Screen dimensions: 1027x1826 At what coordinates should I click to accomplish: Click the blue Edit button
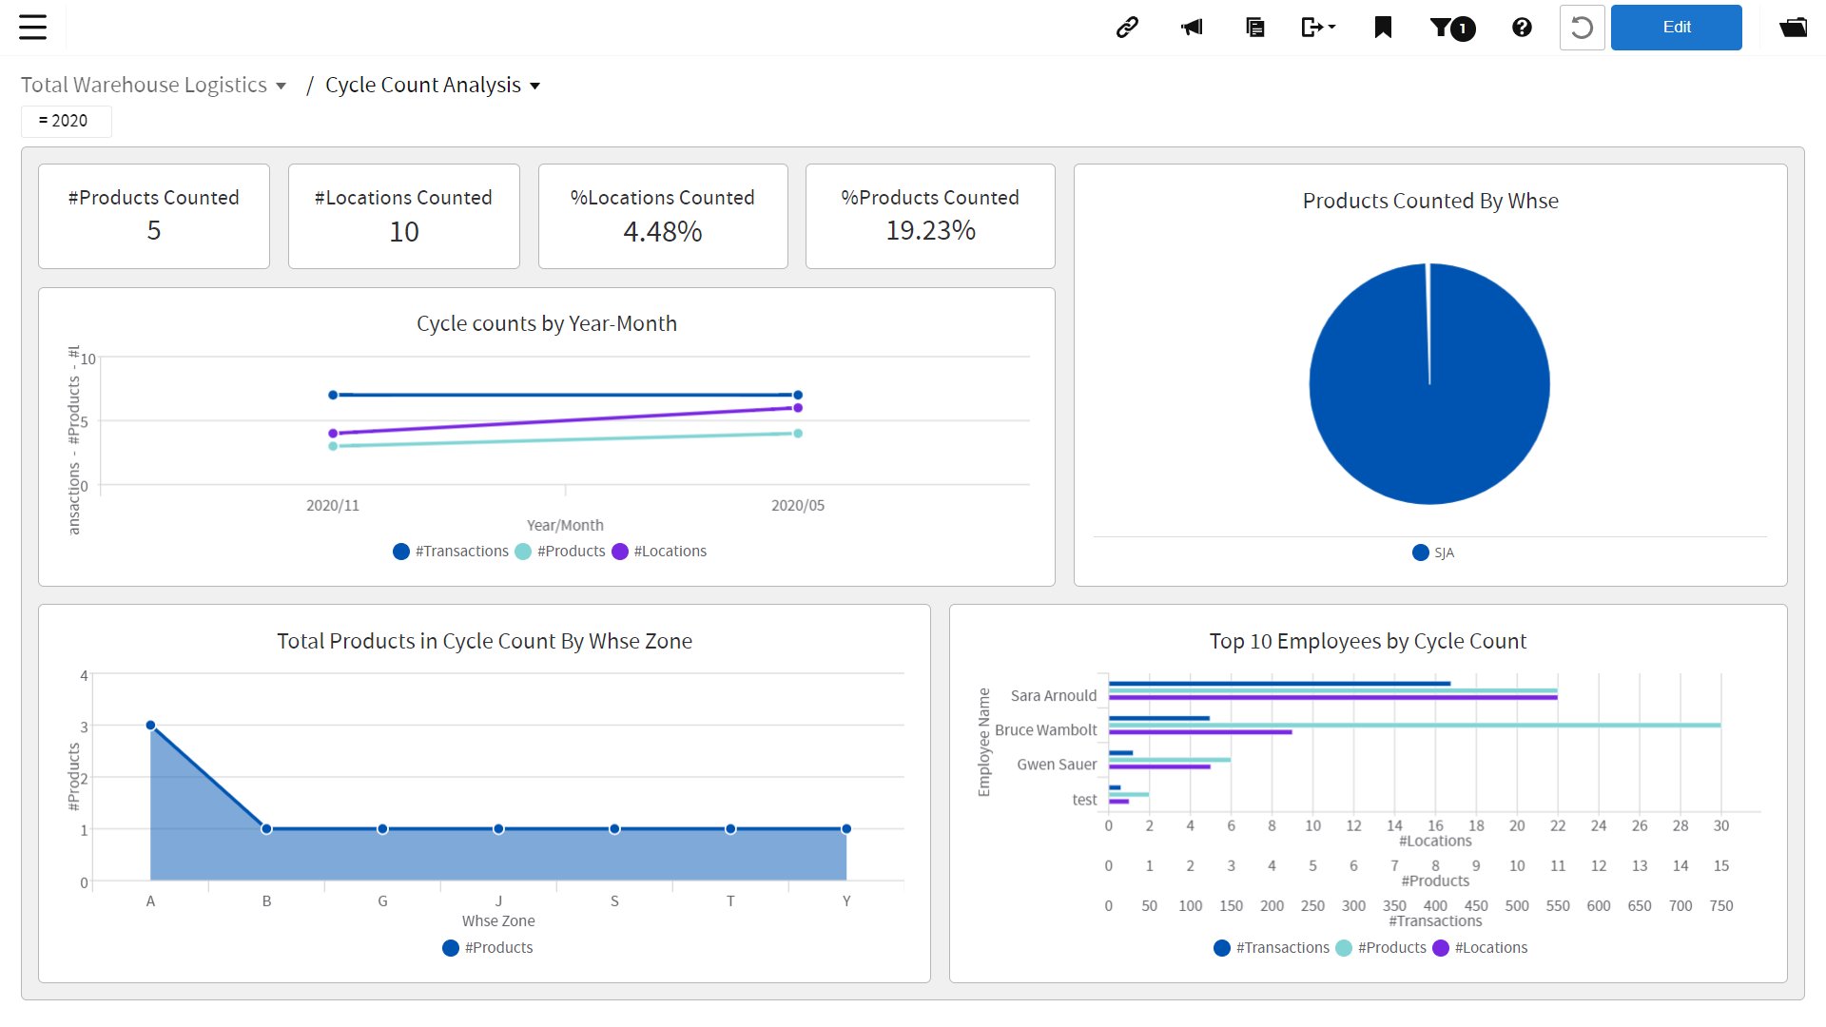click(x=1676, y=28)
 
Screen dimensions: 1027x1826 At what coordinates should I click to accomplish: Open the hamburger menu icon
click(x=33, y=27)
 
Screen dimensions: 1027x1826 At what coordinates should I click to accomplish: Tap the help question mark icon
click(x=1522, y=28)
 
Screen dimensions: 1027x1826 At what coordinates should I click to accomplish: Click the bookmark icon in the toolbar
click(x=1383, y=28)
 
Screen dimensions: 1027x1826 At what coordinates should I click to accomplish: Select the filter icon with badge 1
click(x=1452, y=28)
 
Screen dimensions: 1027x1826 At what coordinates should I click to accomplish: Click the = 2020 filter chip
click(x=65, y=121)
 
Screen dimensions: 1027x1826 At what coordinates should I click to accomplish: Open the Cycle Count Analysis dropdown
click(x=433, y=86)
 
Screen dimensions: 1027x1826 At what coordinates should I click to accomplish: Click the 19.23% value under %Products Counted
click(x=930, y=231)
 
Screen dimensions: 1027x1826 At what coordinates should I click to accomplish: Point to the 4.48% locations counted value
click(x=663, y=232)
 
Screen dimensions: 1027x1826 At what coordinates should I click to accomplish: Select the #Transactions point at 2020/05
click(x=798, y=395)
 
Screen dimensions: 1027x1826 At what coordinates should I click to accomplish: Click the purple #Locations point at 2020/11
click(x=333, y=434)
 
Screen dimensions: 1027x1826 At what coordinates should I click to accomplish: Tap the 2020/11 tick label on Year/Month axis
click(x=333, y=506)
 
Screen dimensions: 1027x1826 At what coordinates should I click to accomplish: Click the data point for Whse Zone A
click(x=151, y=726)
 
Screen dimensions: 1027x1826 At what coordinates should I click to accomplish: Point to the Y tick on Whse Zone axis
click(x=846, y=901)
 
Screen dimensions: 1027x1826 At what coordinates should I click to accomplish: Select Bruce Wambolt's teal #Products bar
click(x=1413, y=726)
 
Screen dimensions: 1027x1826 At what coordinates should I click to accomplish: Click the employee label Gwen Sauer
click(x=1056, y=765)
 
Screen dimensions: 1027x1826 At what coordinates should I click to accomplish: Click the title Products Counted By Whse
click(x=1429, y=202)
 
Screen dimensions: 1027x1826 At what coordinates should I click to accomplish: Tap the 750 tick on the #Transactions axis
click(x=1720, y=906)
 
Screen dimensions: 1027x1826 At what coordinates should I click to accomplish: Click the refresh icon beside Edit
click(x=1582, y=28)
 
